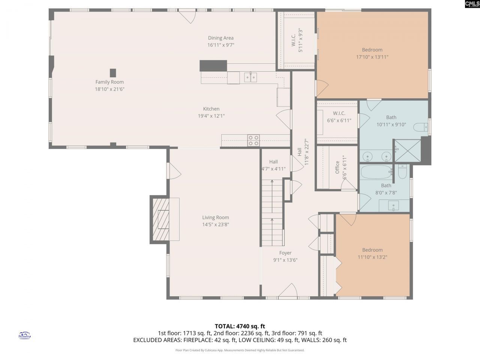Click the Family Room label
click(109, 82)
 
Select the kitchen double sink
click(250, 77)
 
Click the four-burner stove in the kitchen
click(253, 140)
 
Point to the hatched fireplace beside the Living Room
click(160, 219)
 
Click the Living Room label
click(215, 217)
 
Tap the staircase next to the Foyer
click(272, 213)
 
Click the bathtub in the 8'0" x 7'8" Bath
click(376, 172)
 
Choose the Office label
click(337, 167)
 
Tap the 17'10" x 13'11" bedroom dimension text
click(372, 57)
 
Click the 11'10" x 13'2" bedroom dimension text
click(372, 257)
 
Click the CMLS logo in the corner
click(472, 4)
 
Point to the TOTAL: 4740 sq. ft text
click(240, 326)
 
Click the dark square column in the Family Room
click(113, 73)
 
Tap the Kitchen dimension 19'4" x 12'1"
click(211, 116)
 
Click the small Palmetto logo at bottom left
click(25, 335)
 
